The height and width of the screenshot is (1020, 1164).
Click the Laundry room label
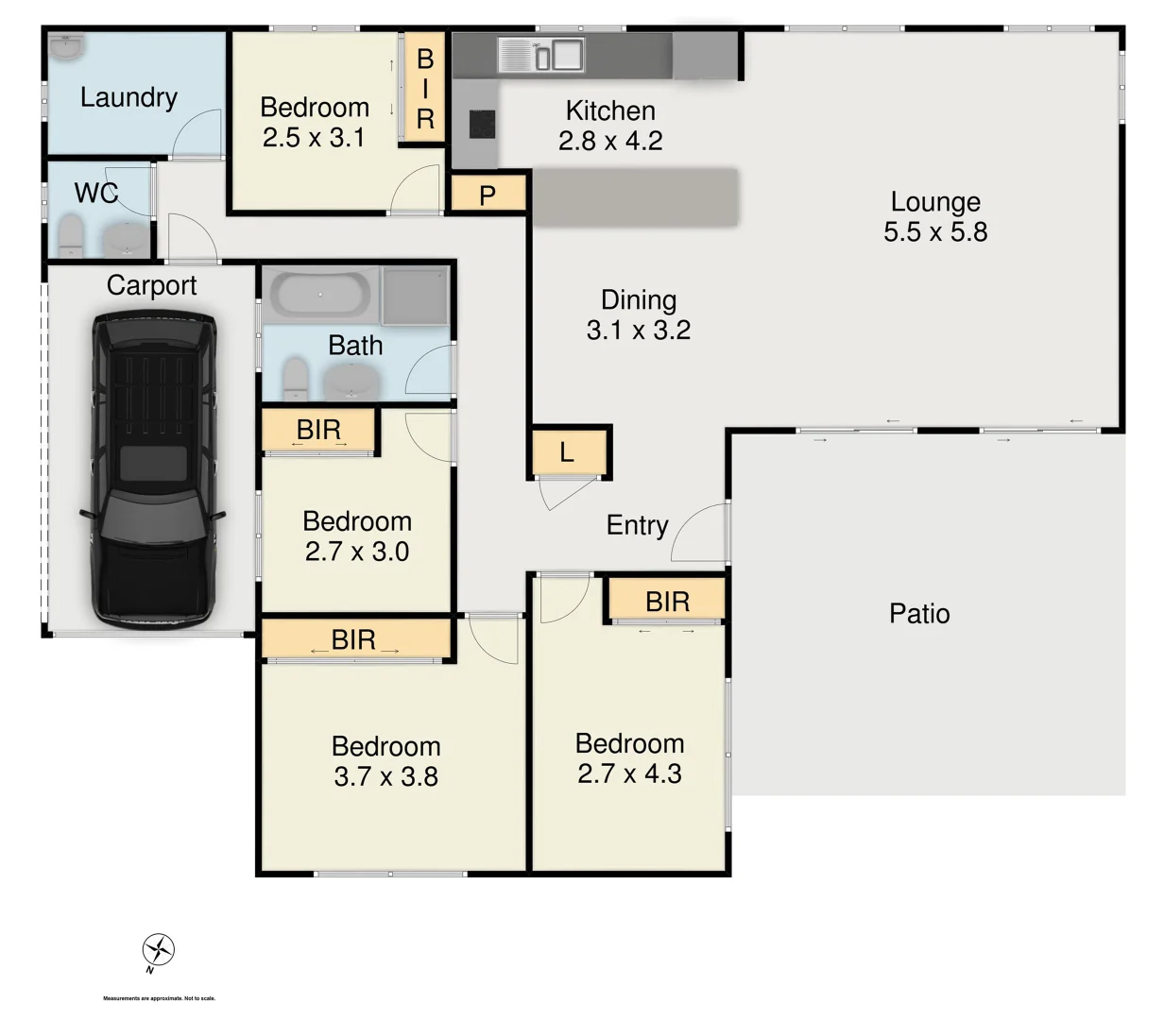click(128, 97)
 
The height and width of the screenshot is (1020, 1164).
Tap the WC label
click(95, 193)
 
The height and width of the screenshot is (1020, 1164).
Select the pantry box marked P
click(488, 195)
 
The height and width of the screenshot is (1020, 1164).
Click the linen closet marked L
click(567, 452)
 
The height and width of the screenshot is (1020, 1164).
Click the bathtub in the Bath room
click(320, 295)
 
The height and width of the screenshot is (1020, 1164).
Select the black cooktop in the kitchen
click(482, 124)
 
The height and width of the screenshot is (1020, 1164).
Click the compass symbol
click(159, 950)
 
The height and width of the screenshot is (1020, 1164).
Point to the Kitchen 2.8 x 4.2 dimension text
click(610, 141)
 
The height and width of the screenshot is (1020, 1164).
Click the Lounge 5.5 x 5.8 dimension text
click(935, 231)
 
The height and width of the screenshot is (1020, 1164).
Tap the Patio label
click(919, 614)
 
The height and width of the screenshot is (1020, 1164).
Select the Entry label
click(637, 525)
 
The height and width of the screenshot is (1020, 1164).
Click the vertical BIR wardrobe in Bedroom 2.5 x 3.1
click(424, 89)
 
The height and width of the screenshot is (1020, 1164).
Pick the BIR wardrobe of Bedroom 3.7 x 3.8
click(354, 639)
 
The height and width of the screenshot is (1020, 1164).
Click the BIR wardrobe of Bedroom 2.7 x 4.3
click(667, 601)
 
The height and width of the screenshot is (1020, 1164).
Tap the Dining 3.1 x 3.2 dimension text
click(639, 330)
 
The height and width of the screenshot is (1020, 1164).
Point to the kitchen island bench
click(635, 196)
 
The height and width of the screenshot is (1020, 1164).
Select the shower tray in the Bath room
click(415, 294)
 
